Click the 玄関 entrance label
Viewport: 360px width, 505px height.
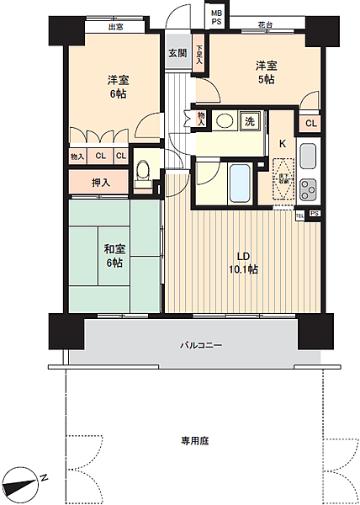coord(177,53)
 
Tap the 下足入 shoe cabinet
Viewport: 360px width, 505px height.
coord(199,56)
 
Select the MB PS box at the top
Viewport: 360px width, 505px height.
coord(217,16)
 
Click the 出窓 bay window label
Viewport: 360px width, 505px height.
coord(116,27)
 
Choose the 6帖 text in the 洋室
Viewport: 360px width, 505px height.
coord(117,94)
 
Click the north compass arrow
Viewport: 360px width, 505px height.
coord(25,484)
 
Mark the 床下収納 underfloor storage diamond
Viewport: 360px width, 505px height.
coord(283,177)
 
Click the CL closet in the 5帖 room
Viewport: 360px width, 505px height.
coord(310,125)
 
